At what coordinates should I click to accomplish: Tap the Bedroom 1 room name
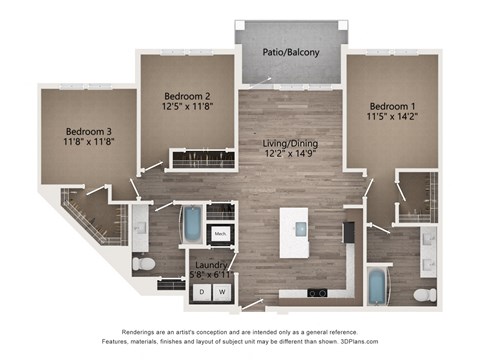pyautogui.click(x=391, y=106)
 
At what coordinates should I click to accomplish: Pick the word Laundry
pyautogui.click(x=209, y=265)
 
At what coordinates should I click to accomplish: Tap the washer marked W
pyautogui.click(x=223, y=291)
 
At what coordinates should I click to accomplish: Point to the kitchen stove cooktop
pyautogui.click(x=317, y=293)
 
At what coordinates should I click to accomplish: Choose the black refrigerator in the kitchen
pyautogui.click(x=349, y=233)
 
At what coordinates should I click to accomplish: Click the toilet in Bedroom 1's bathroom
pyautogui.click(x=424, y=294)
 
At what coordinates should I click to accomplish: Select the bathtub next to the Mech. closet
pyautogui.click(x=190, y=224)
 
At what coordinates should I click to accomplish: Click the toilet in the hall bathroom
pyautogui.click(x=144, y=264)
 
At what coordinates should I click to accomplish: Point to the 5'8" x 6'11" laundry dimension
pyautogui.click(x=211, y=275)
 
